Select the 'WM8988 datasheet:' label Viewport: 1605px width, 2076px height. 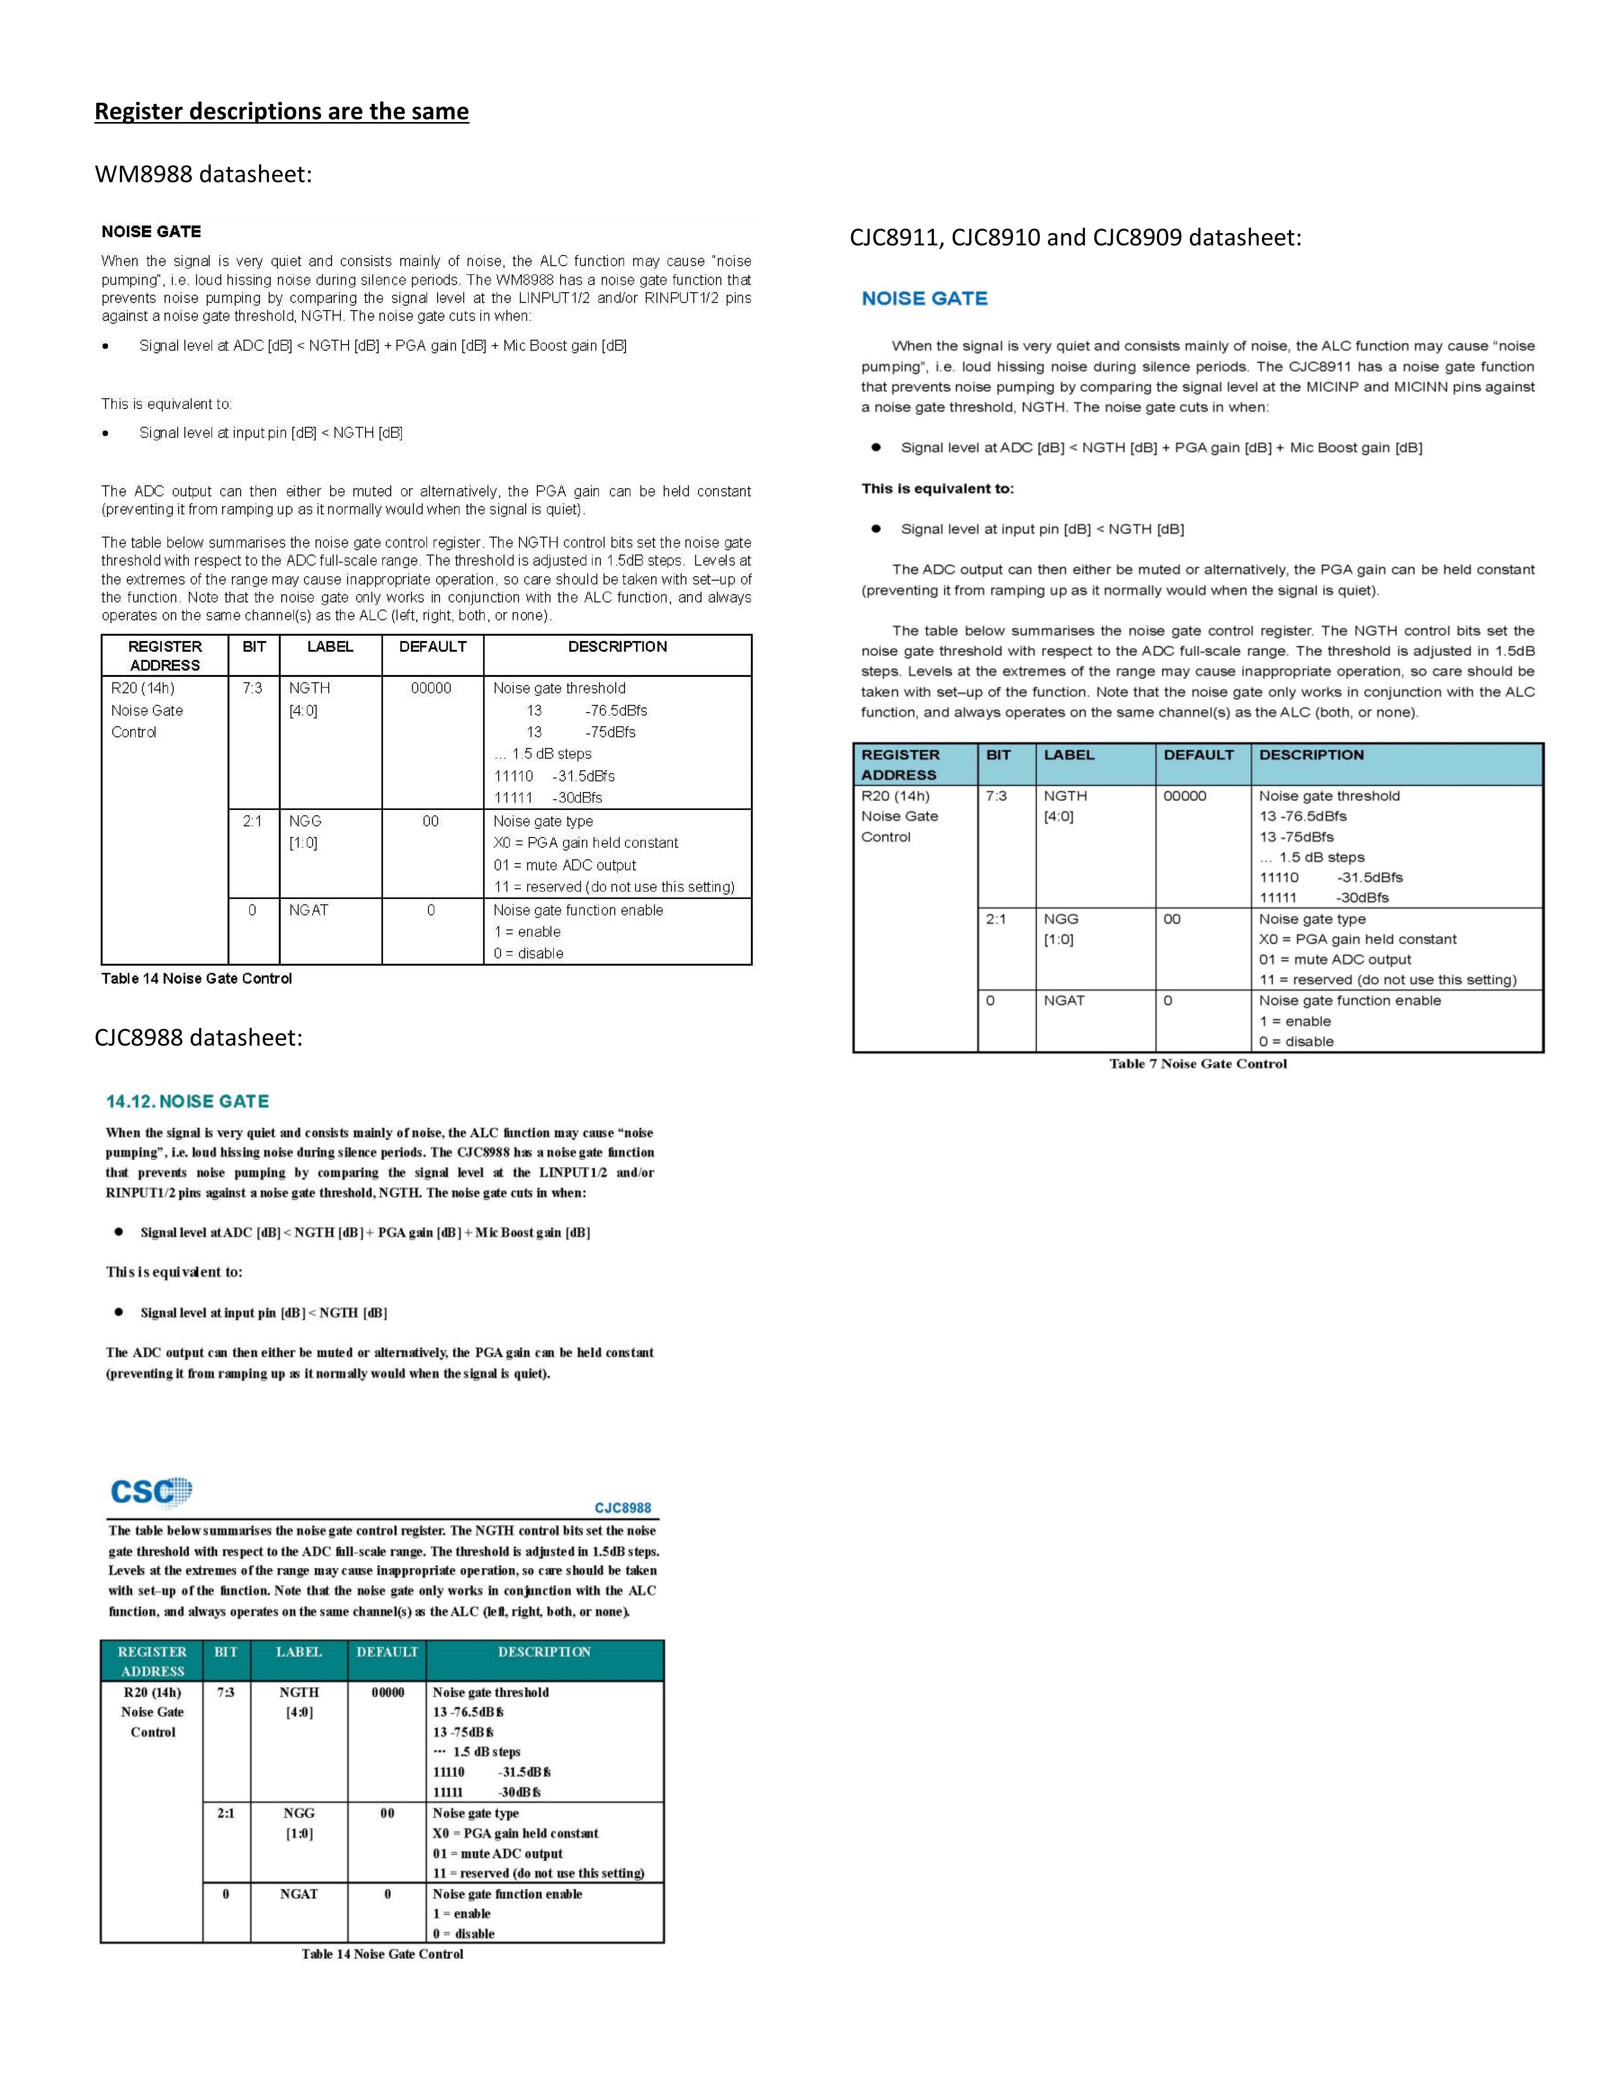pos(204,175)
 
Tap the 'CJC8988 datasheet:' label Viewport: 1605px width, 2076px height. pos(198,1037)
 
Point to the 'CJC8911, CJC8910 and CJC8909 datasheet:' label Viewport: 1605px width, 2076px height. pos(1075,237)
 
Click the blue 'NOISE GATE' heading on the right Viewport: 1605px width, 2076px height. pos(924,299)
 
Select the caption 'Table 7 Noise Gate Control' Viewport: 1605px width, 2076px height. pos(1197,1064)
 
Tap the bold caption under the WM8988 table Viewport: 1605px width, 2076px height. pos(197,978)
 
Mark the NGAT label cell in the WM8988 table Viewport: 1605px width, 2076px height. pos(309,910)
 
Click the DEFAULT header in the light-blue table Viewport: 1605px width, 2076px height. pos(1198,755)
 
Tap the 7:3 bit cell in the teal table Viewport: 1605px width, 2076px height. pos(225,1692)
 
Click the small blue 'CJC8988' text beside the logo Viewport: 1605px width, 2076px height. pos(623,1508)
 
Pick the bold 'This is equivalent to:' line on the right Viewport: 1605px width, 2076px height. pos(938,488)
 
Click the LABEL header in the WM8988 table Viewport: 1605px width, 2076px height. pos(330,646)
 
